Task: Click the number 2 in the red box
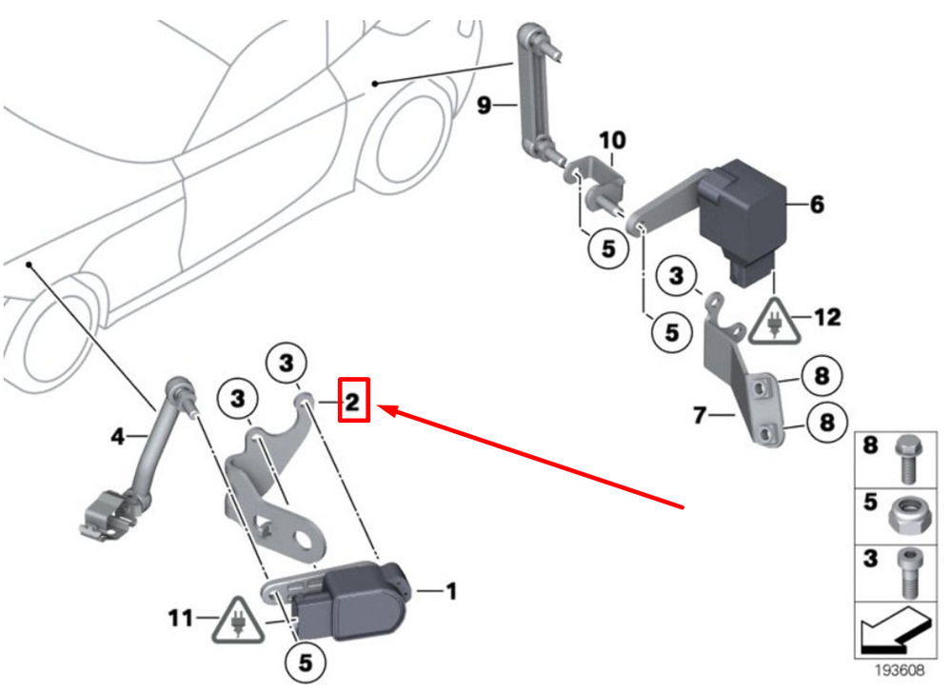point(351,403)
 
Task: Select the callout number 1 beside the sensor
point(451,592)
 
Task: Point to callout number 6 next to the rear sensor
point(817,205)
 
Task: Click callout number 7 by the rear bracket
point(700,415)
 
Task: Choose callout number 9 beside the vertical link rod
point(484,105)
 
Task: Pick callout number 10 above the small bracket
point(612,141)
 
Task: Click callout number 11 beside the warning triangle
point(182,619)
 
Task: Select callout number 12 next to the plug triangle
point(827,317)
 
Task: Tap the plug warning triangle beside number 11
point(231,621)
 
